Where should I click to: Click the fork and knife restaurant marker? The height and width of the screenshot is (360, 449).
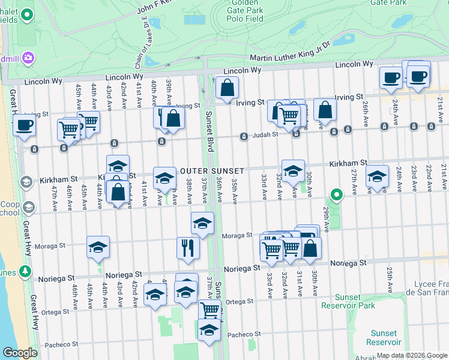(x=188, y=248)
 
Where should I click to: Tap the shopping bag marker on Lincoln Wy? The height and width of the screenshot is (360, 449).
(x=227, y=89)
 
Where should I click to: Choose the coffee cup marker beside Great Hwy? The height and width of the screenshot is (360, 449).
(x=24, y=125)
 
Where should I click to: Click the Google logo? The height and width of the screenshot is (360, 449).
(x=20, y=353)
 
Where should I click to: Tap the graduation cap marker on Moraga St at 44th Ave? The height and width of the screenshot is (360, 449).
(x=98, y=247)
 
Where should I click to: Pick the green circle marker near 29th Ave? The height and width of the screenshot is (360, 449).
(x=337, y=194)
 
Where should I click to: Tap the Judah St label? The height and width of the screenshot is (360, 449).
(x=267, y=135)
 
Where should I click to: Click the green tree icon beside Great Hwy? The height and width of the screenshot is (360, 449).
(x=25, y=272)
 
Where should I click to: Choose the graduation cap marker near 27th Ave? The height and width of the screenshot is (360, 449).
(x=377, y=176)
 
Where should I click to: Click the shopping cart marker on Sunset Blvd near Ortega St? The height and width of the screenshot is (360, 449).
(x=209, y=310)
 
